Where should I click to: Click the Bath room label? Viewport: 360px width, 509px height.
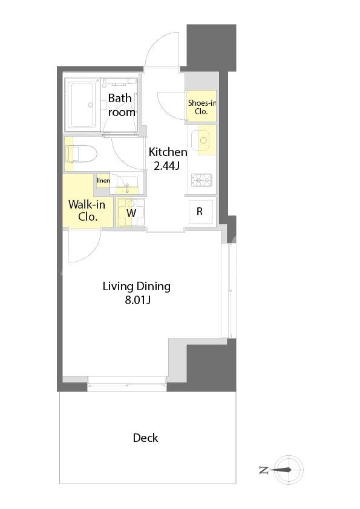tap(121, 105)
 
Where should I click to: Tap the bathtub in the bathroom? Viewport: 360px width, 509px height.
tap(83, 105)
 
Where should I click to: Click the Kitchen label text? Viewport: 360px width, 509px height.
tap(168, 152)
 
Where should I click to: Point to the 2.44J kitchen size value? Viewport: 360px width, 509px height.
tap(166, 166)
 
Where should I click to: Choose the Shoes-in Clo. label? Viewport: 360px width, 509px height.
tap(201, 107)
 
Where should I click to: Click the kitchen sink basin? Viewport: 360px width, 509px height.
tap(203, 140)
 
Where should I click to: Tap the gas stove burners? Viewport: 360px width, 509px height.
tap(201, 181)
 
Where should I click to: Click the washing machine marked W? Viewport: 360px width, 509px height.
tap(131, 212)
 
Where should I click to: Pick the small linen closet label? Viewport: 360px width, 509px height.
tap(103, 181)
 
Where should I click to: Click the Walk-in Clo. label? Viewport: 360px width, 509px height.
tap(87, 210)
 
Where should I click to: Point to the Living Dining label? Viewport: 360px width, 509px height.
tap(137, 287)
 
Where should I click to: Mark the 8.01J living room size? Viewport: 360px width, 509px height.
tap(137, 300)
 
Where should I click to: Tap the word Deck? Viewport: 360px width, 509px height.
tap(146, 438)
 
